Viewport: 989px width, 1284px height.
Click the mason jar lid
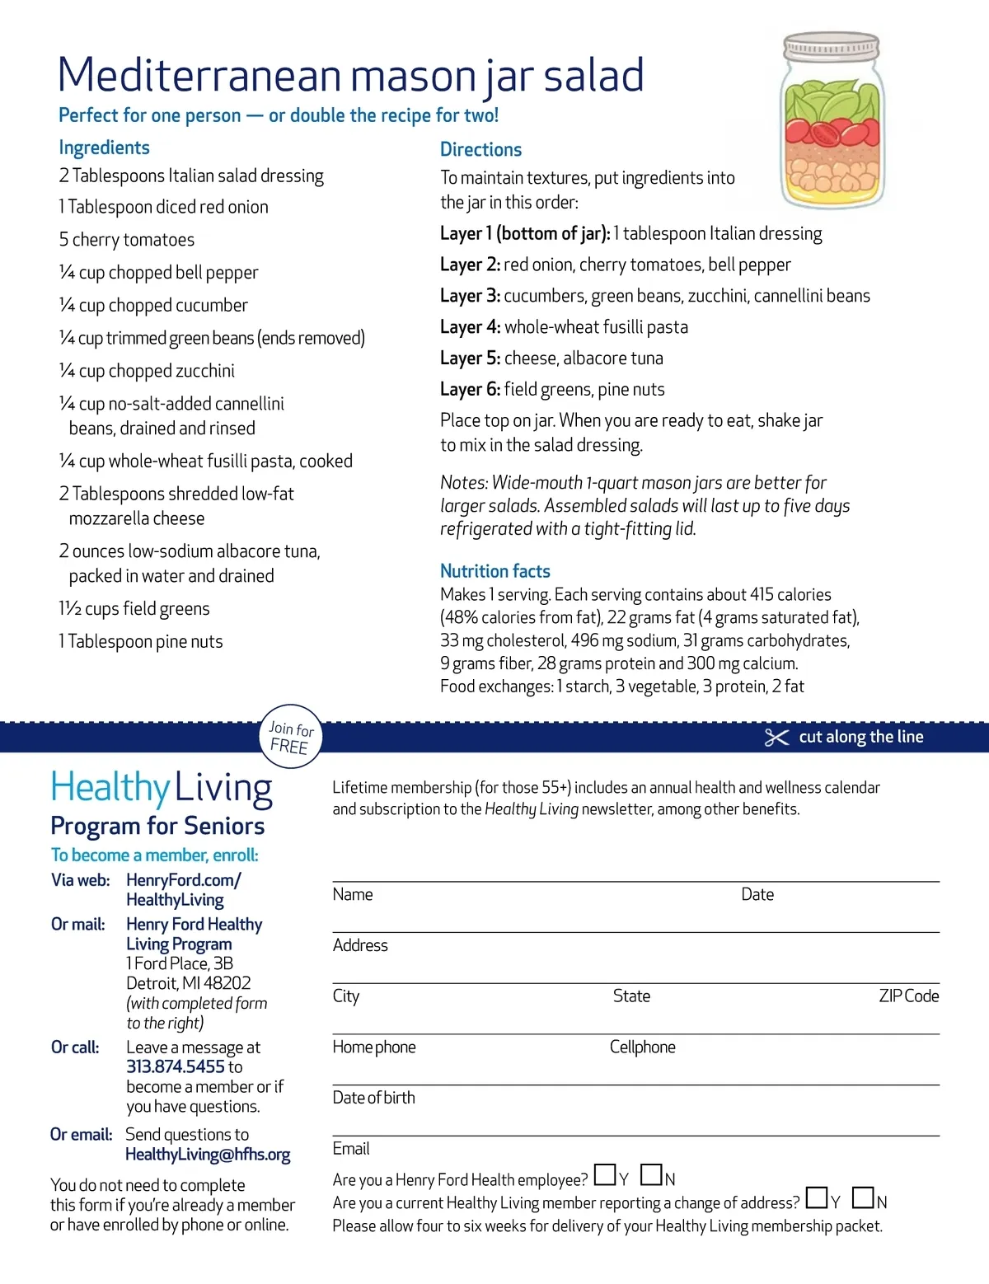click(832, 46)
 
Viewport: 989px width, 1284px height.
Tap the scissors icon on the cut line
click(776, 738)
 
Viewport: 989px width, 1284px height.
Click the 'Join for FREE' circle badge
click(291, 737)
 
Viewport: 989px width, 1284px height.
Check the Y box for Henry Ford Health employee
click(604, 1174)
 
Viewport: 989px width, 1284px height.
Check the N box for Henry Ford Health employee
click(651, 1174)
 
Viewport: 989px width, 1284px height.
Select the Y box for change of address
click(817, 1197)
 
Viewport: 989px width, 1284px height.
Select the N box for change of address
click(863, 1197)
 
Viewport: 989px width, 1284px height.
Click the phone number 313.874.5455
click(175, 1066)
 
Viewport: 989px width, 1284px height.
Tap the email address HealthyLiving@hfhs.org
click(208, 1155)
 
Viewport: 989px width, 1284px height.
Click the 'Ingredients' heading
click(104, 148)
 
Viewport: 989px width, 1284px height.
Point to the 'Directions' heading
click(480, 149)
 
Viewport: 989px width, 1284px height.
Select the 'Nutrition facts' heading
click(494, 571)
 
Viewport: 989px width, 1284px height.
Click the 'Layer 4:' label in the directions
click(470, 327)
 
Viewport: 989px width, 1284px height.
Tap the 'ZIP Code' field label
click(908, 996)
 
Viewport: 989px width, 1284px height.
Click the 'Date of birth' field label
click(373, 1098)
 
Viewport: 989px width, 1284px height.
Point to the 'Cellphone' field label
click(642, 1047)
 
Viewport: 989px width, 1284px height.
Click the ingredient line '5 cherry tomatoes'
click(127, 240)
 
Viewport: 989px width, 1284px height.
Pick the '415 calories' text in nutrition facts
click(790, 594)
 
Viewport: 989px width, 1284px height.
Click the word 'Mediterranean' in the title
click(199, 75)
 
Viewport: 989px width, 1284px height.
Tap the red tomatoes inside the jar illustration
click(832, 132)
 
